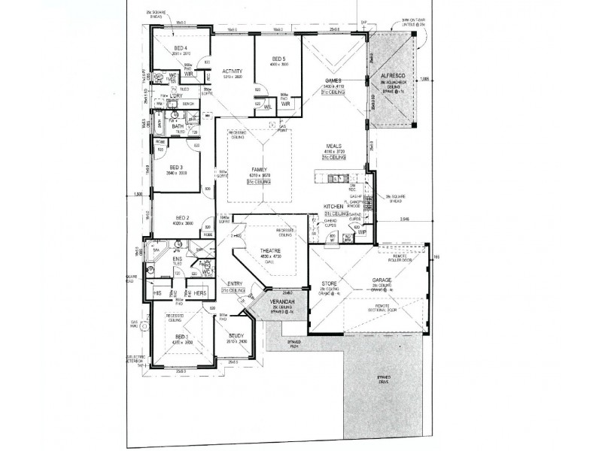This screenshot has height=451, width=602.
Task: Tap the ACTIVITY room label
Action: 232,71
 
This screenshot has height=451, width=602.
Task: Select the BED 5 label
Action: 278,59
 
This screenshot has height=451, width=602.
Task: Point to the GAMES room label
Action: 333,80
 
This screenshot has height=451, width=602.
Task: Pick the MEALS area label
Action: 334,146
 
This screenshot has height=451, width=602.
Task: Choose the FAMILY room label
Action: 259,170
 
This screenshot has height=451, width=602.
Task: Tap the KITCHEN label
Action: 333,206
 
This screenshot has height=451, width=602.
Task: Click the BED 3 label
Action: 177,167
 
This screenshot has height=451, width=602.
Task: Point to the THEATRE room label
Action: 269,250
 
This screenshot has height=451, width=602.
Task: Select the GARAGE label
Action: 383,281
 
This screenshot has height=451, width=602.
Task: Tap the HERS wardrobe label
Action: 199,292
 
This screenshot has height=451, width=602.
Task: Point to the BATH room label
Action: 178,126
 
